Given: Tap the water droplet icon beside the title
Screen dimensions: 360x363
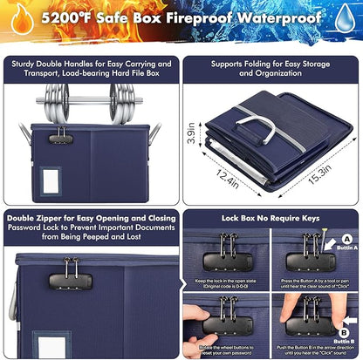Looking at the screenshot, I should pyautogui.click(x=346, y=17).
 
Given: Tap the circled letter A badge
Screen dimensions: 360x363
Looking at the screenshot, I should pyautogui.click(x=345, y=240).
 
